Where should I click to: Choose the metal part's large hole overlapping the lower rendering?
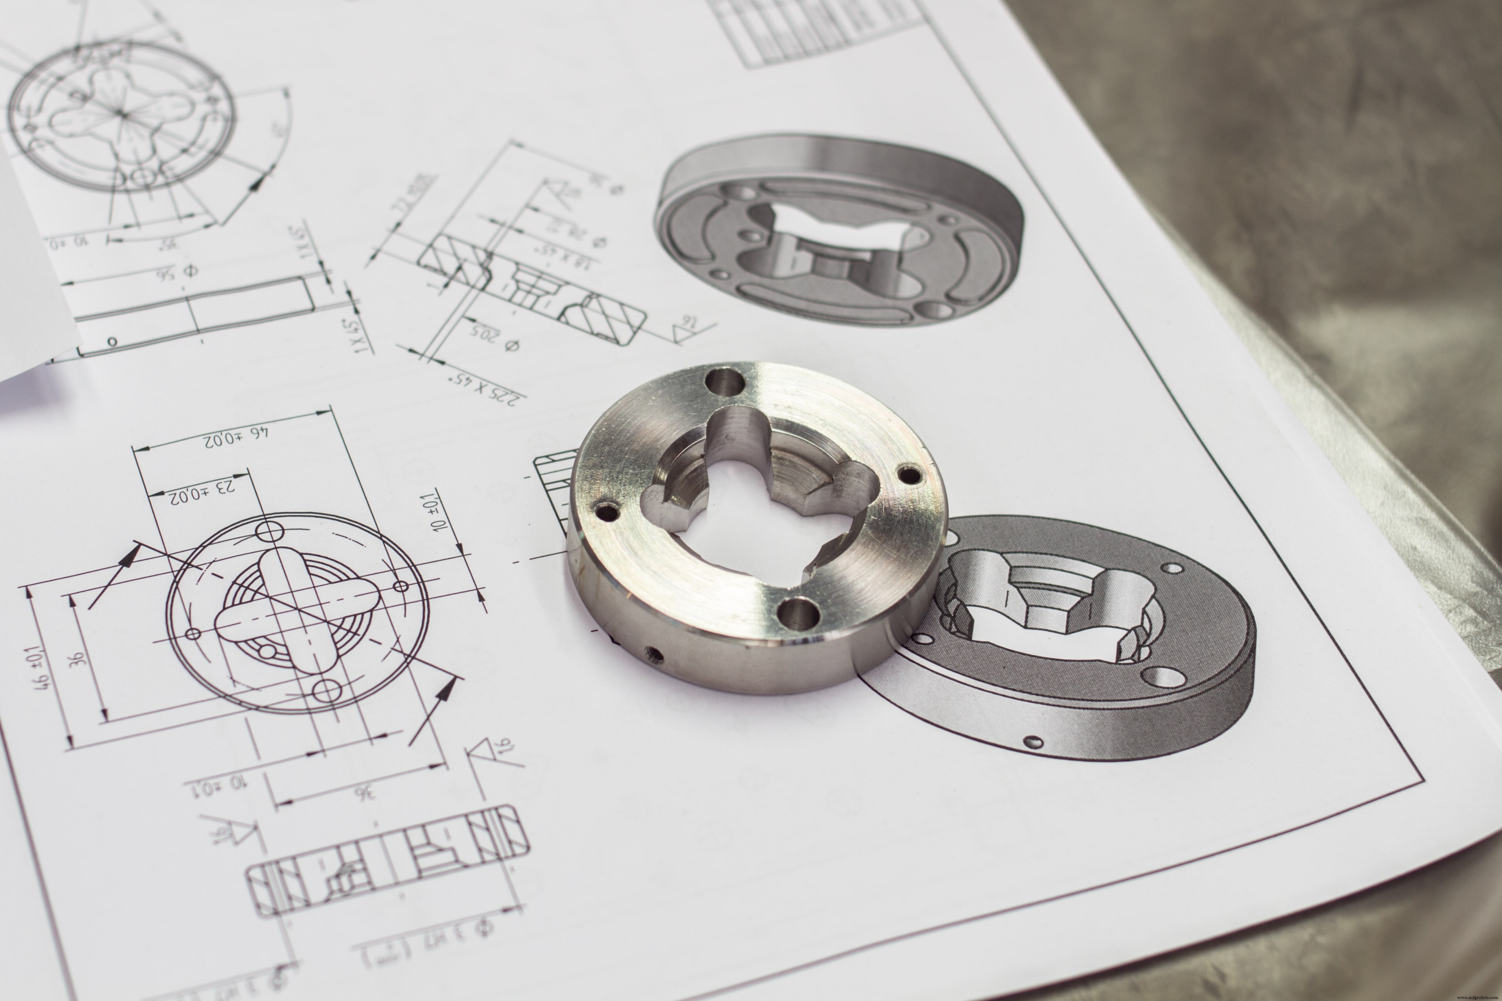coord(798,613)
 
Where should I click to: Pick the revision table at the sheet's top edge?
coord(824,29)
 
